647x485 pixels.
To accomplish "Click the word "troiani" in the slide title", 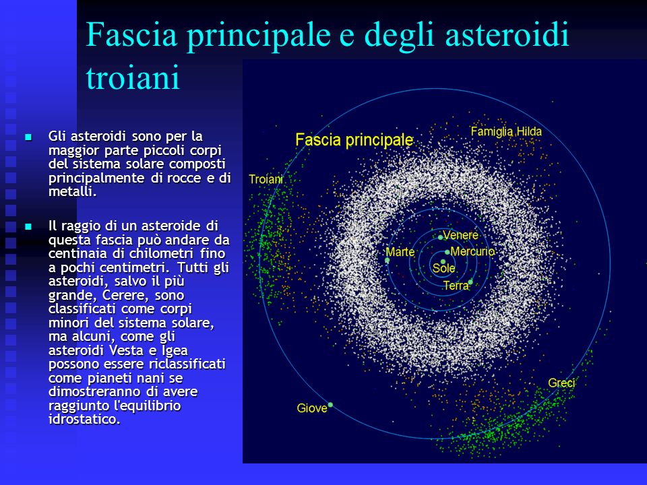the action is coord(133,77).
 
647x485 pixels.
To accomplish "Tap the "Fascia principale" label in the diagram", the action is coord(354,140).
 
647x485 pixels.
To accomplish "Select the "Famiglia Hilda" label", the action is coord(506,131).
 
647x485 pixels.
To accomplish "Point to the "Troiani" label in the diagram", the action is coord(266,179).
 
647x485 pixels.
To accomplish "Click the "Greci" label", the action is coord(561,383).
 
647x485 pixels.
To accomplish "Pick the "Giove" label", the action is coord(312,408).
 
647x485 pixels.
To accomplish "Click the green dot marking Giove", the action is coord(330,405).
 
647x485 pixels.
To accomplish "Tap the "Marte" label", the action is coord(400,251).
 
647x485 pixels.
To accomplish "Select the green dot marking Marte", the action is coord(387,260).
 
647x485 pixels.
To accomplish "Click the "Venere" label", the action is coord(460,235).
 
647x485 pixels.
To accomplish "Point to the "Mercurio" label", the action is coord(472,251).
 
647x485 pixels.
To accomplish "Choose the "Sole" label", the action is coord(443,269).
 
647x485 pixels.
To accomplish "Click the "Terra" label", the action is coord(456,286).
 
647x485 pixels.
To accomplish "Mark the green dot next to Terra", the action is coord(470,282).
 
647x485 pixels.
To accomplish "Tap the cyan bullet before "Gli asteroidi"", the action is coord(28,137).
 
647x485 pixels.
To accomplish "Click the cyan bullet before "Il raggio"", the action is coord(28,226).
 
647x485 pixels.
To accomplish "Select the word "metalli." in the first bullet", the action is coord(73,192).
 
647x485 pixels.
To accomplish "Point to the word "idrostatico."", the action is coord(85,420).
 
